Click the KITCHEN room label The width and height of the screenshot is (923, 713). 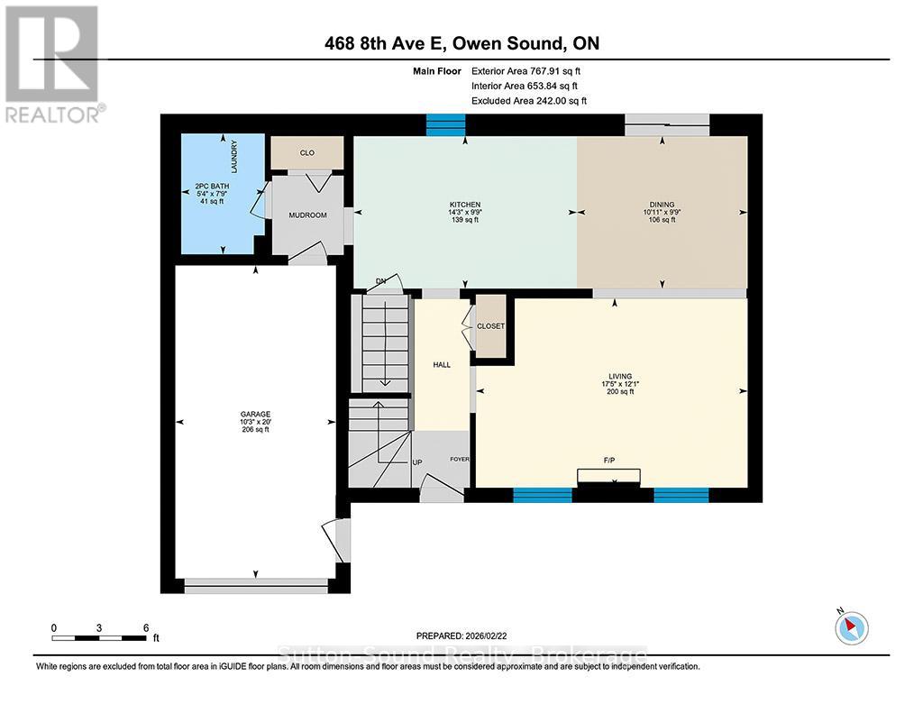(465, 205)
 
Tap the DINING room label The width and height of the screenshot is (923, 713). (663, 205)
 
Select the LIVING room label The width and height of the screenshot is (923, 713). (620, 376)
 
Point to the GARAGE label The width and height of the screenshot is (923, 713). (255, 414)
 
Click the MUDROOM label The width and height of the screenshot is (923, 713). (308, 215)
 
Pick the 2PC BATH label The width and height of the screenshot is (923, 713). (212, 186)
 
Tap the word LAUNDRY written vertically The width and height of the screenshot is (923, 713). (234, 157)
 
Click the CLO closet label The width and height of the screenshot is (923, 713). (307, 153)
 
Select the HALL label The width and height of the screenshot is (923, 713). (442, 365)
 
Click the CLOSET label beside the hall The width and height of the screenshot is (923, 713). (491, 326)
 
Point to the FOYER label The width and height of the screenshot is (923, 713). (460, 459)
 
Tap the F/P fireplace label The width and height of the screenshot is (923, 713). (609, 461)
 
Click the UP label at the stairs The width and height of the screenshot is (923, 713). (416, 462)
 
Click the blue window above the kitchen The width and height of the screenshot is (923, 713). (445, 124)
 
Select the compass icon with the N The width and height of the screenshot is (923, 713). (851, 627)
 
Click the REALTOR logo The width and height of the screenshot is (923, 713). (53, 64)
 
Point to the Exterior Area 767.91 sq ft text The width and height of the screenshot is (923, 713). (525, 71)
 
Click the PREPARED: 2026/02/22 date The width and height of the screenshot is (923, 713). (461, 635)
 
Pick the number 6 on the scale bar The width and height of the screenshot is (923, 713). (146, 628)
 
